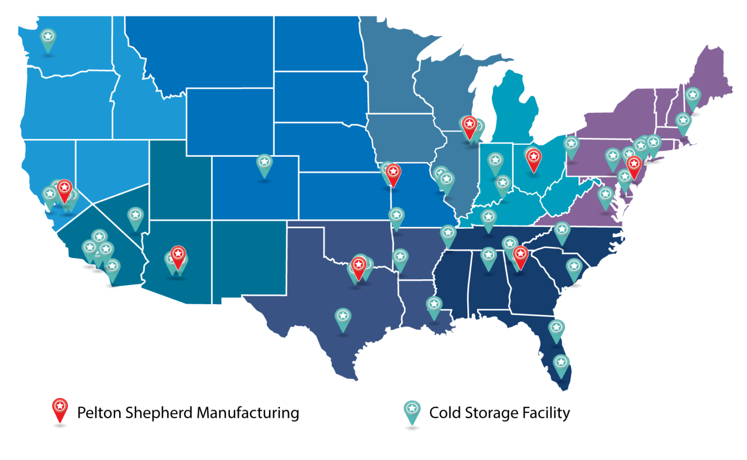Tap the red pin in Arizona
click(x=178, y=254)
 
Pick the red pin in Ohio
click(x=534, y=157)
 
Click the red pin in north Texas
click(x=359, y=265)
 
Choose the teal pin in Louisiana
click(x=434, y=305)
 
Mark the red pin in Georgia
click(x=520, y=254)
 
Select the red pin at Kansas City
click(x=393, y=172)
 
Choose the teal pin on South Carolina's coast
click(x=574, y=267)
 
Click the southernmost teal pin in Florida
click(x=561, y=363)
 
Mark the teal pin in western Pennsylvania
click(x=571, y=145)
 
